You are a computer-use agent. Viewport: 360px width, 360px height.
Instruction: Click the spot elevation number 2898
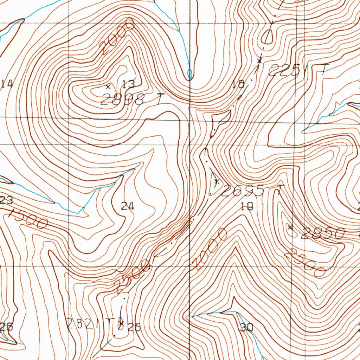(x=122, y=100)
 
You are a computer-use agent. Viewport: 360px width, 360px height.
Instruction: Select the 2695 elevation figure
(x=243, y=191)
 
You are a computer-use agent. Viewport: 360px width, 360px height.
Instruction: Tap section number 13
(x=129, y=84)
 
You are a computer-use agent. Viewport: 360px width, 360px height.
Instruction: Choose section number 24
(x=128, y=206)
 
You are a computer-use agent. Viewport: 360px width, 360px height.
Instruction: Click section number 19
(x=247, y=207)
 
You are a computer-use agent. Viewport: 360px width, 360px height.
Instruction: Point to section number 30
(x=247, y=328)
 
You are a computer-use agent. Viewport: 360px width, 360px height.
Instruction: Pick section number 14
(x=7, y=84)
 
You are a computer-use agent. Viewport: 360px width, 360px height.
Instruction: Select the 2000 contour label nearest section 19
(x=210, y=249)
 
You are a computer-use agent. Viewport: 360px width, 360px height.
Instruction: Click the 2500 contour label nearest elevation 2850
(x=305, y=263)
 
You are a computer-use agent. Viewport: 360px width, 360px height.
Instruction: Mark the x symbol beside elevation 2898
(x=108, y=86)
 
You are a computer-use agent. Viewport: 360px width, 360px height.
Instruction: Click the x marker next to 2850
(x=290, y=227)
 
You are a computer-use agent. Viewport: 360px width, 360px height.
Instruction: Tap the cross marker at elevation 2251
(x=259, y=61)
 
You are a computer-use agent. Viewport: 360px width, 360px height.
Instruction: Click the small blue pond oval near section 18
(x=190, y=74)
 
